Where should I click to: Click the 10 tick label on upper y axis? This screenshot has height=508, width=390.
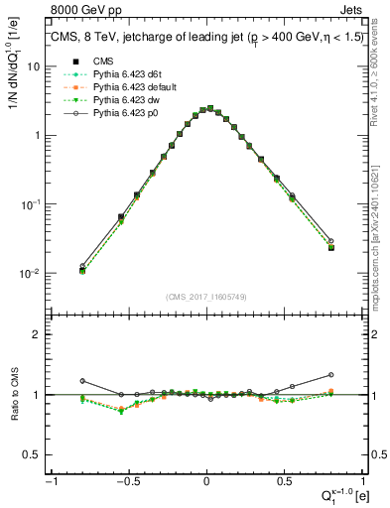(x=34, y=65)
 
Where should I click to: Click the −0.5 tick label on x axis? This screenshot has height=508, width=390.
(x=126, y=481)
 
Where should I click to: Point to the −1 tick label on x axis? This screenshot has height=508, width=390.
(x=49, y=481)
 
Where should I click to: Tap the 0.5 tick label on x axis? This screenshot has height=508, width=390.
(x=284, y=481)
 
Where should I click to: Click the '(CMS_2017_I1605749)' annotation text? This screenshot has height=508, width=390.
(x=206, y=298)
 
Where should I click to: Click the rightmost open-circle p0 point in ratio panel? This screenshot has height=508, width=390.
(x=330, y=375)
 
